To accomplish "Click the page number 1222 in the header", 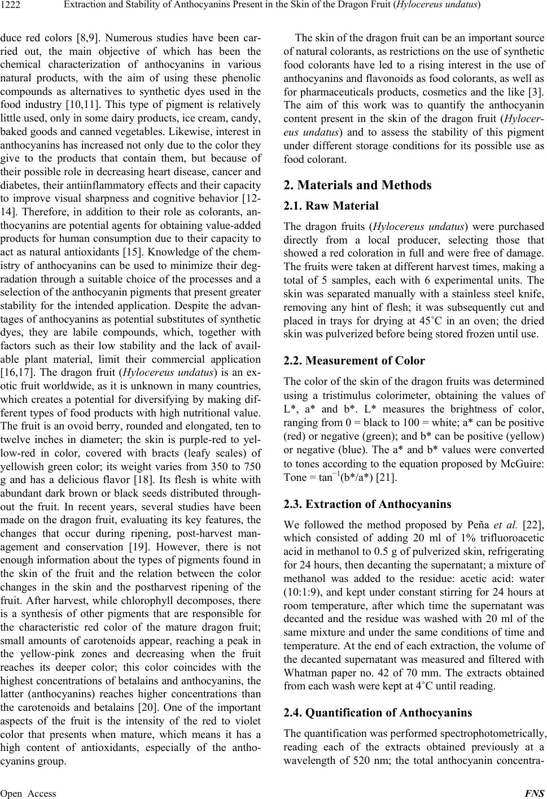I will click(11, 6).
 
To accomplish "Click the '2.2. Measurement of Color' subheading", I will click(354, 360).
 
